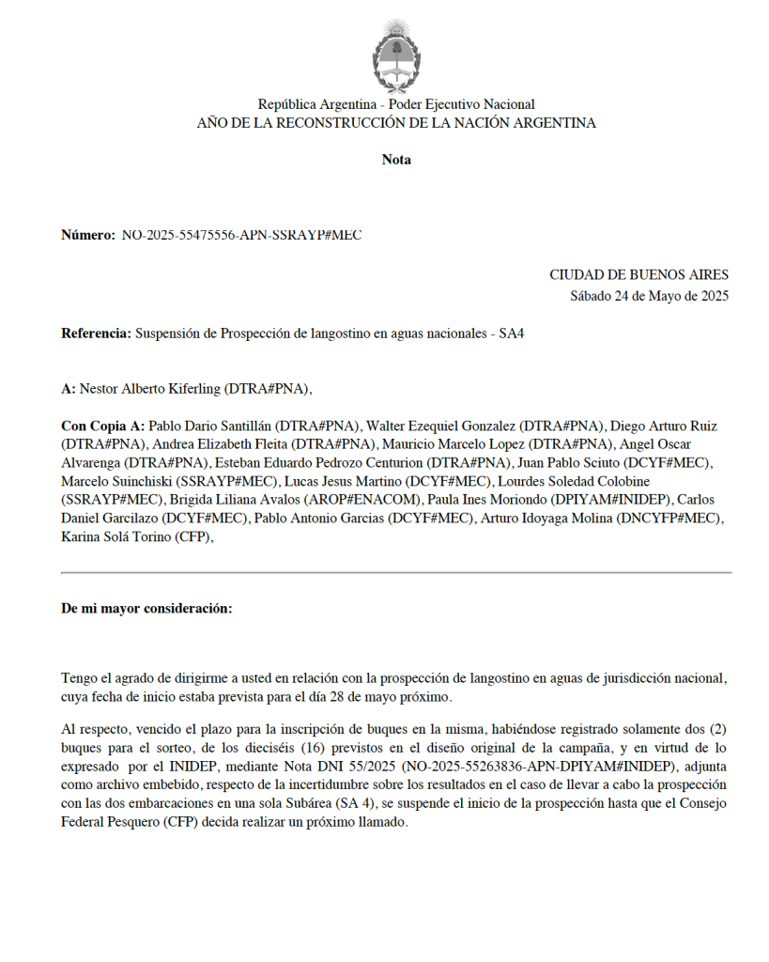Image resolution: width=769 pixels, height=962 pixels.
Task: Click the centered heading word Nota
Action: pos(396,160)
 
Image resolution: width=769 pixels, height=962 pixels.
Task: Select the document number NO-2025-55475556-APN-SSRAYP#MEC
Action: pos(241,235)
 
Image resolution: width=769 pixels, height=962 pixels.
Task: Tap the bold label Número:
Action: pos(88,235)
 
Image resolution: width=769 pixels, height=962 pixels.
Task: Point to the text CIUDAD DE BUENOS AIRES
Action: pos(638,275)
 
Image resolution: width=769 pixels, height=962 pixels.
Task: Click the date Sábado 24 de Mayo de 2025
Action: pos(649,296)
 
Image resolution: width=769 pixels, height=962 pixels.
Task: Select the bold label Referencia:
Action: pos(96,334)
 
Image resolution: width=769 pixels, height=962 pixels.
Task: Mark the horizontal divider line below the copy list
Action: pos(396,572)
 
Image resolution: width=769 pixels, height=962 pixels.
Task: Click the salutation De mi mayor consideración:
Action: pos(146,609)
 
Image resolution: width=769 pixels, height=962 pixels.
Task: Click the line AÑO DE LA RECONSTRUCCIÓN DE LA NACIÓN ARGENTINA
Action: pos(396,123)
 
